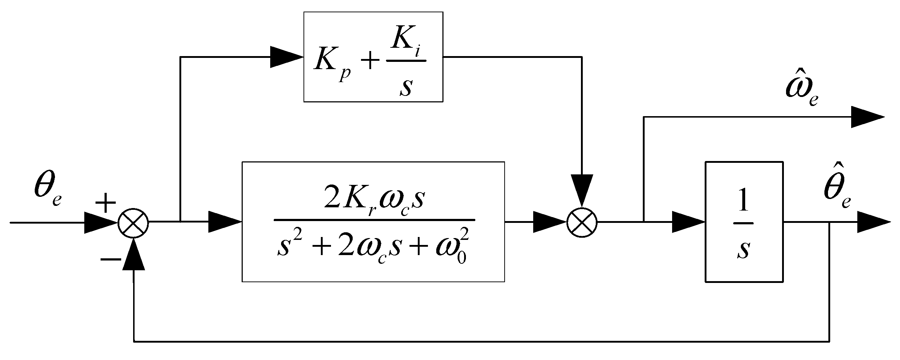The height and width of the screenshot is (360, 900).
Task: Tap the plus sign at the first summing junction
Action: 105,203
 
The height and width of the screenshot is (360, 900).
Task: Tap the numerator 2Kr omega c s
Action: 374,201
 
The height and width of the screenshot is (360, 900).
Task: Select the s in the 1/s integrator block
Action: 743,250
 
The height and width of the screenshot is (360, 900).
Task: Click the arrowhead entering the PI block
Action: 286,57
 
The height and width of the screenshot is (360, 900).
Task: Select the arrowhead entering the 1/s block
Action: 687,222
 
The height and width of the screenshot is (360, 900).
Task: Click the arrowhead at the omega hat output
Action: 866,117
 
